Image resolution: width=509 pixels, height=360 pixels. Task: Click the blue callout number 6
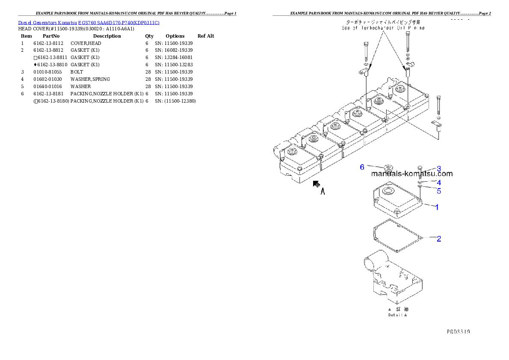pos(362,167)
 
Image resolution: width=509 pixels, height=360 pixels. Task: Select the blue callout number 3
pos(438,169)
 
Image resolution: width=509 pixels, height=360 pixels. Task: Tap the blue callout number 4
pos(438,183)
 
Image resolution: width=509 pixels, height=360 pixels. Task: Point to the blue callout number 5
pos(438,191)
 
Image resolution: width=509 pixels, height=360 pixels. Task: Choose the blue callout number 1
pos(437,207)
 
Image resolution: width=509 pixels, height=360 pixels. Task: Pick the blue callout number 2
pos(438,239)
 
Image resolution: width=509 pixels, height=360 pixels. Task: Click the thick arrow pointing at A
pos(316,184)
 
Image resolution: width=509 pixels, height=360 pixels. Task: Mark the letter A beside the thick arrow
pos(323,192)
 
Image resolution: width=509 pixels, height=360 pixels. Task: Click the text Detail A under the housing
pos(397,315)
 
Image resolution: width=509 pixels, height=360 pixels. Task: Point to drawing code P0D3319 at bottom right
pos(459,331)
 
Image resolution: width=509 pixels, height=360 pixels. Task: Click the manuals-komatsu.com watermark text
pos(411,174)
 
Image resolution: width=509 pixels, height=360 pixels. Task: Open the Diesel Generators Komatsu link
pos(89,22)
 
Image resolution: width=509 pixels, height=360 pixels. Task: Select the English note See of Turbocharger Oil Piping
pos(383,28)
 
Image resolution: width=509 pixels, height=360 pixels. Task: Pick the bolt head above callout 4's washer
pos(420,167)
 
